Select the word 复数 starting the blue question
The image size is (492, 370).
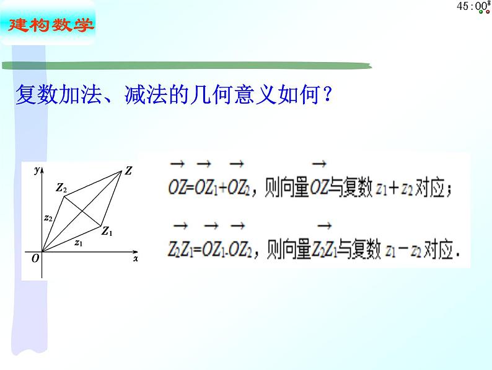33,97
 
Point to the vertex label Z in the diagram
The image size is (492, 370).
128,170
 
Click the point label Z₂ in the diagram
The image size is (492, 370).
60,187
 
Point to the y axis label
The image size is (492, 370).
38,168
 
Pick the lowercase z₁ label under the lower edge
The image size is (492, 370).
78,243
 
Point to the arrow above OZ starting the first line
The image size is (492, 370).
177,164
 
